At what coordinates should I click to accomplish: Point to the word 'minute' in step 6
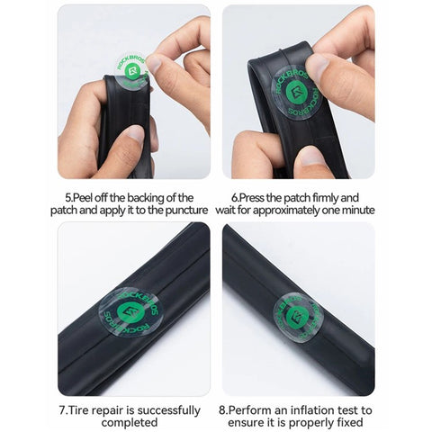(354, 211)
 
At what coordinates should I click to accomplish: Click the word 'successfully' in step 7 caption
(168, 410)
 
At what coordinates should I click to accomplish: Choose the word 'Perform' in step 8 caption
(259, 410)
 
